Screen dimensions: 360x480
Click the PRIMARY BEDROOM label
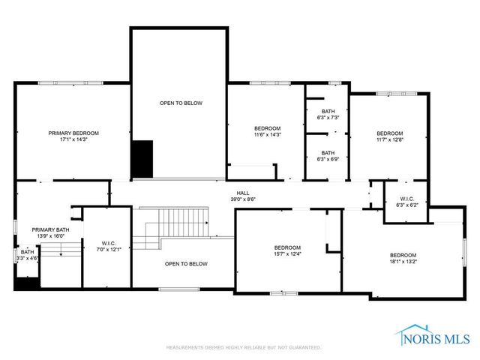[73, 133]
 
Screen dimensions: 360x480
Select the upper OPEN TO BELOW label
[180, 103]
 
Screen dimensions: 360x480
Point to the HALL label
[242, 193]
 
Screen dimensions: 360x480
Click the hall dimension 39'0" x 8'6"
[242, 199]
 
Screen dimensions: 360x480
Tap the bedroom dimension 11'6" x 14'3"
[266, 135]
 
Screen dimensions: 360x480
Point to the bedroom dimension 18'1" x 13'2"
[403, 261]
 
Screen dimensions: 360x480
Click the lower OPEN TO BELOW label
[186, 264]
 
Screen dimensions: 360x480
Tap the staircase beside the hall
[148, 232]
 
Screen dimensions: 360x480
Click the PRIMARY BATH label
[50, 229]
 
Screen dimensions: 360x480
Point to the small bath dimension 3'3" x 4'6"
[28, 258]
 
